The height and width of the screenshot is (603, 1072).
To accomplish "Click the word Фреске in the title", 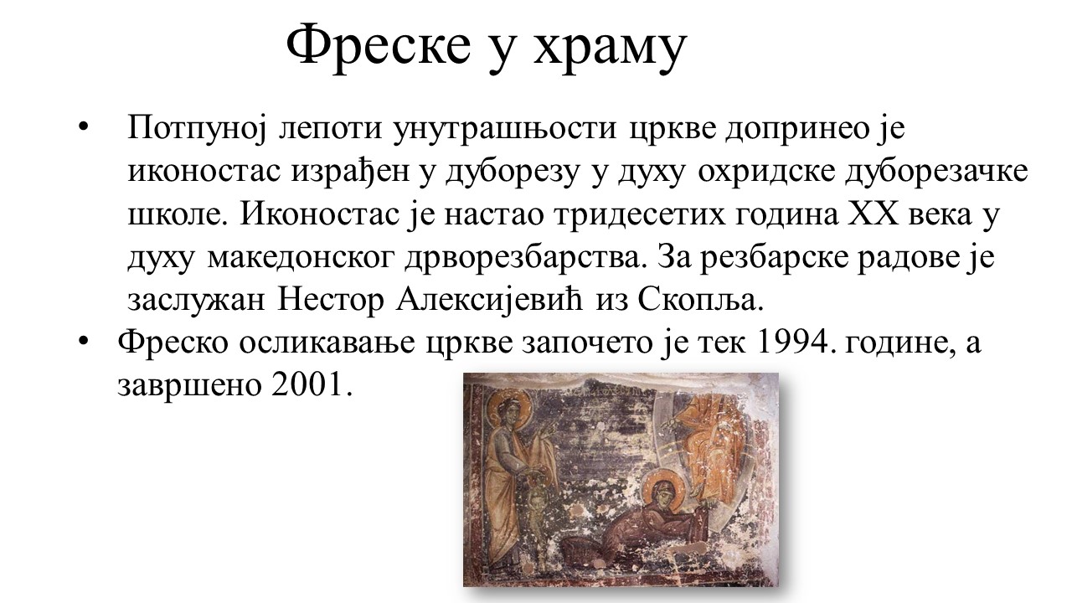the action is pyautogui.click(x=379, y=44).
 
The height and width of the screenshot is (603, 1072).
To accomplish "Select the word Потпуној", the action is pyautogui.click(x=196, y=129).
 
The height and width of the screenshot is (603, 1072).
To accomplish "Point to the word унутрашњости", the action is pyautogui.click(x=504, y=129).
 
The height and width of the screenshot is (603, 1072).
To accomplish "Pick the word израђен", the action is pyautogui.click(x=350, y=173).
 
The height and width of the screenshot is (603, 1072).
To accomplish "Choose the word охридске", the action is pyautogui.click(x=765, y=173).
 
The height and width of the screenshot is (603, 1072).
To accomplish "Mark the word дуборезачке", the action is pyautogui.click(x=936, y=173).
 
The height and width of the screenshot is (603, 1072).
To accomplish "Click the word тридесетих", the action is pyautogui.click(x=639, y=215).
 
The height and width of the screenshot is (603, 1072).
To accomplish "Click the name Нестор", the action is pyautogui.click(x=331, y=301).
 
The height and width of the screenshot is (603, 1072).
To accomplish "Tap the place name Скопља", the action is pyautogui.click(x=700, y=301).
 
